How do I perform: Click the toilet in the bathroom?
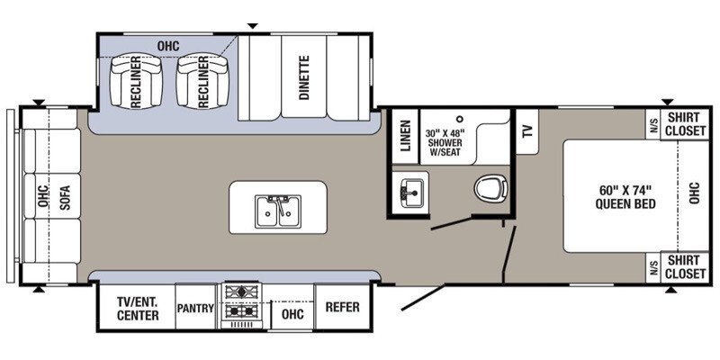[490, 188]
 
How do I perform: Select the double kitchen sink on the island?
[278, 211]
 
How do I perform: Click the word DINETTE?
[304, 77]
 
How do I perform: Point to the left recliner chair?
[137, 82]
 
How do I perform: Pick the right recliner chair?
[202, 82]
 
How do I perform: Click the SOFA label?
[65, 197]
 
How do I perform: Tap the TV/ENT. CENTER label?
[138, 309]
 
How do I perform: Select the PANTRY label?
[195, 308]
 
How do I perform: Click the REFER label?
[343, 307]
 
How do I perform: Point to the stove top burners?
[241, 301]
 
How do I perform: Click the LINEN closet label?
[404, 136]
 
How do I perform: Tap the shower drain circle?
[460, 119]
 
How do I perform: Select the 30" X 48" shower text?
[445, 142]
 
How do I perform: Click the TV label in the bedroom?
[527, 131]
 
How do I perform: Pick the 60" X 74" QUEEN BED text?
[625, 196]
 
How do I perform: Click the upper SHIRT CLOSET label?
[683, 124]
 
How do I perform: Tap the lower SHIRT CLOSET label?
[683, 267]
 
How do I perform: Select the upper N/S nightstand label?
[653, 125]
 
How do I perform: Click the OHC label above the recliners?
[168, 47]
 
